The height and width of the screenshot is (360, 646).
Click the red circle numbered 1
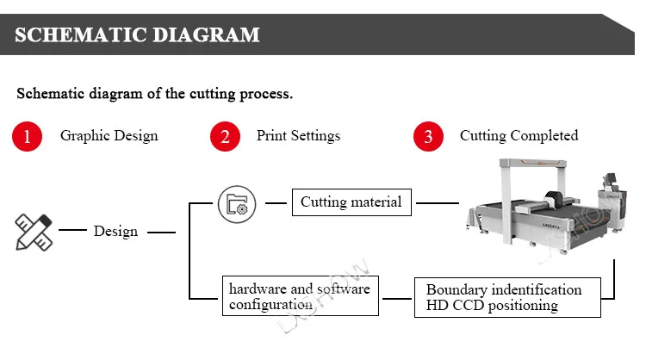(x=27, y=136)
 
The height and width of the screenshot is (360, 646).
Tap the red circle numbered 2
(x=226, y=136)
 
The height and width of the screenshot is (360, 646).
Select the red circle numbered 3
(x=428, y=136)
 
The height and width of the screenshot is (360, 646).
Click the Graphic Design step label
(x=109, y=135)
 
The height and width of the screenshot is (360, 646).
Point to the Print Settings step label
(x=298, y=135)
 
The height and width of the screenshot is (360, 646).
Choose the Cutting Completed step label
(x=519, y=135)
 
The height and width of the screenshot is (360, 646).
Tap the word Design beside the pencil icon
(x=115, y=231)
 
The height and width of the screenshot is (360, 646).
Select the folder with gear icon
(x=236, y=204)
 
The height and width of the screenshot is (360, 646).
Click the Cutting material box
(x=351, y=203)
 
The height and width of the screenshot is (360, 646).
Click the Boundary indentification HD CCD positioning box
(x=506, y=297)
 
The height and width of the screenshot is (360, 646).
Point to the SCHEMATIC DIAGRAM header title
(x=137, y=34)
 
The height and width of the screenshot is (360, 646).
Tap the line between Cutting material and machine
(x=437, y=204)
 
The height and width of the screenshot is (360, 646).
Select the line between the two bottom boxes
(x=397, y=298)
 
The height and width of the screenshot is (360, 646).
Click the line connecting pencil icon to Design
(x=71, y=231)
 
